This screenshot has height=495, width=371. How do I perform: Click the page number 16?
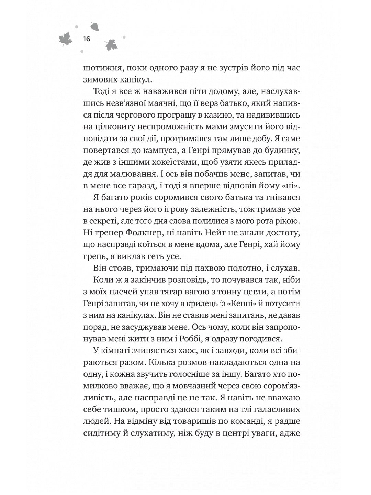[x=86, y=39]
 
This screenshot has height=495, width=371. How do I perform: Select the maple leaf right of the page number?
[x=111, y=44]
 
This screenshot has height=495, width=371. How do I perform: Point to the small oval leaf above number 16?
[x=94, y=26]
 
